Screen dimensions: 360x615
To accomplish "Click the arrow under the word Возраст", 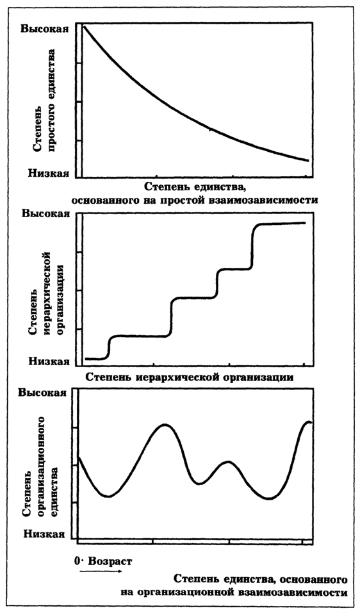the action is pyautogui.click(x=101, y=571).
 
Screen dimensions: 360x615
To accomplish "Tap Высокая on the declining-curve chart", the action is pyautogui.click(x=45, y=29).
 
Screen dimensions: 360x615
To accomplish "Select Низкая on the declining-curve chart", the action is pyautogui.click(x=49, y=173).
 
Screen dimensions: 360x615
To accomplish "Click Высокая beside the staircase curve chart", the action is pyautogui.click(x=46, y=214).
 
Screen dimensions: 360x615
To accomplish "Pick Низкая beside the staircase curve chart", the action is pyautogui.click(x=49, y=361).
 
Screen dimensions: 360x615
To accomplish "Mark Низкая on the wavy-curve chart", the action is pyautogui.click(x=44, y=534).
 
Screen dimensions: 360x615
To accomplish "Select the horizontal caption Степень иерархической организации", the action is pyautogui.click(x=190, y=378).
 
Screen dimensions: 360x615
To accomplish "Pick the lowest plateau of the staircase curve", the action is pyautogui.click(x=95, y=359).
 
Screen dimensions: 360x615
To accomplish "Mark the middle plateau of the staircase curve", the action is pyautogui.click(x=193, y=298).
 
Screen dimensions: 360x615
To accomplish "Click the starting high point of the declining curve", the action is pyautogui.click(x=84, y=26).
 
